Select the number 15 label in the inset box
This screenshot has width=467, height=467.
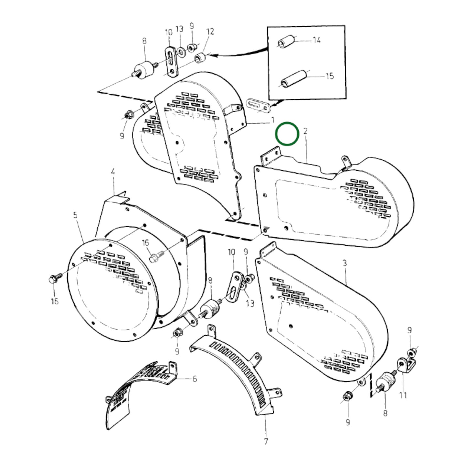[x=329, y=76]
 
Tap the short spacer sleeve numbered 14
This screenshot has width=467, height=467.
[x=286, y=42]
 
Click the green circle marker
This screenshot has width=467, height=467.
[x=287, y=133]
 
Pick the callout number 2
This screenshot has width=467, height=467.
[x=305, y=131]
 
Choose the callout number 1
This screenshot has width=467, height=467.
[x=272, y=120]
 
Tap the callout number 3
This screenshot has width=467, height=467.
[x=345, y=263]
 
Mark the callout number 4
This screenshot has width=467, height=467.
[x=113, y=172]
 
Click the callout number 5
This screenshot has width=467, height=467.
[x=75, y=215]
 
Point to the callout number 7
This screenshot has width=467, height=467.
[x=266, y=441]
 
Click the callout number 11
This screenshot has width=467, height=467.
[x=403, y=395]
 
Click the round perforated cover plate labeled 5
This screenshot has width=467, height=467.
[x=110, y=289]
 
